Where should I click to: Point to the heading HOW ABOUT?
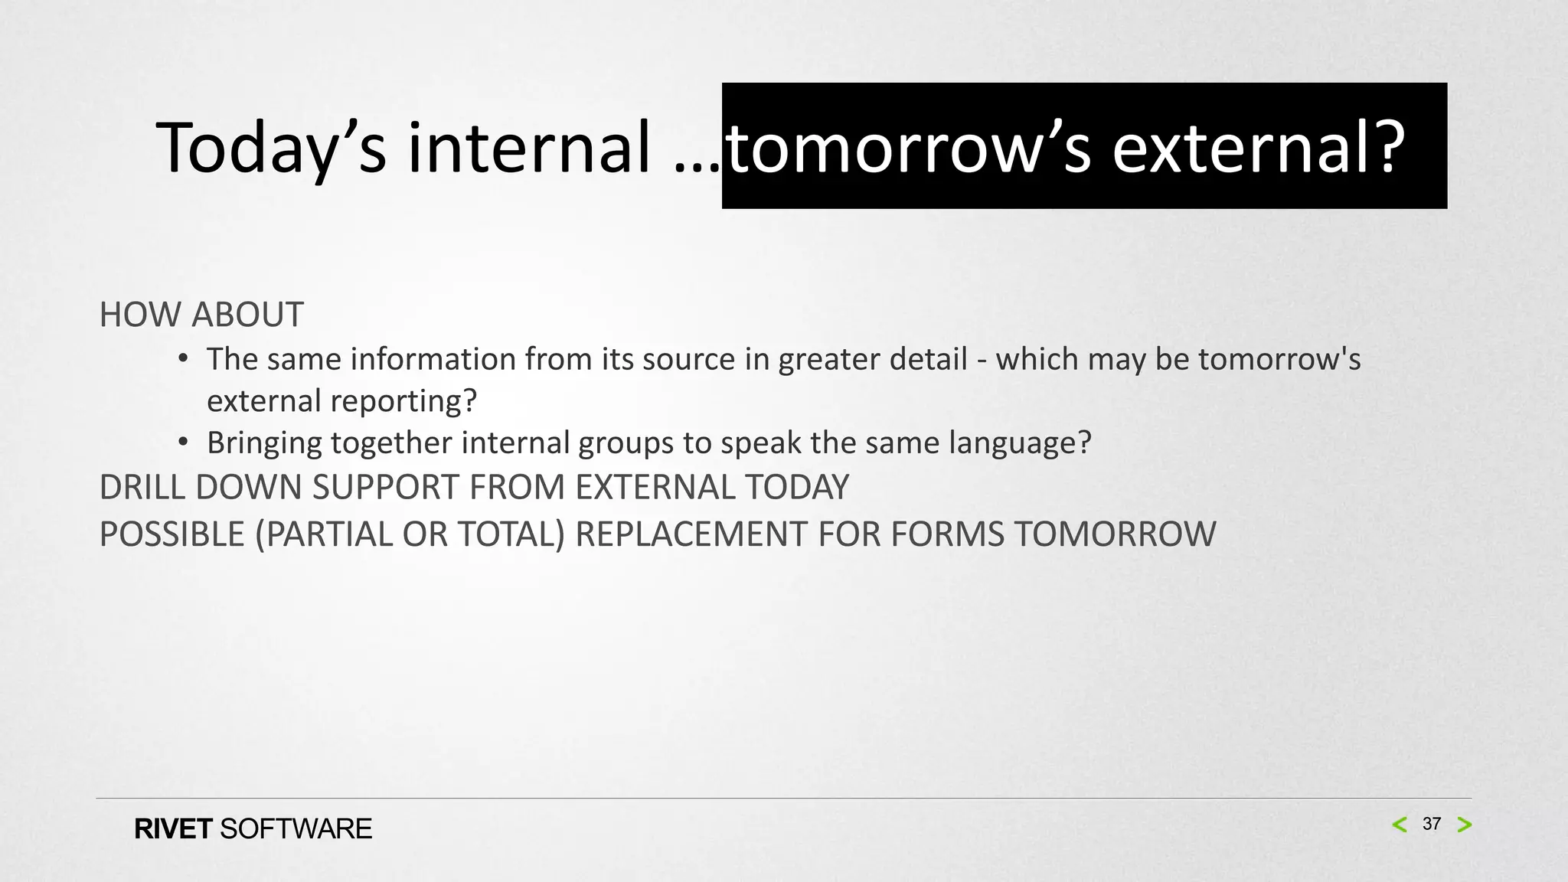coord(201,315)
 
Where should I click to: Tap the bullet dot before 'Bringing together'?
coord(182,443)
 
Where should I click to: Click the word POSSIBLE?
coord(171,534)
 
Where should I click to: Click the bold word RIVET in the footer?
coord(173,829)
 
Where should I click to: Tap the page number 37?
coord(1431,824)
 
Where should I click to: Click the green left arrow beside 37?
coord(1400,825)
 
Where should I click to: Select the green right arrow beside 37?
coord(1464,825)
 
